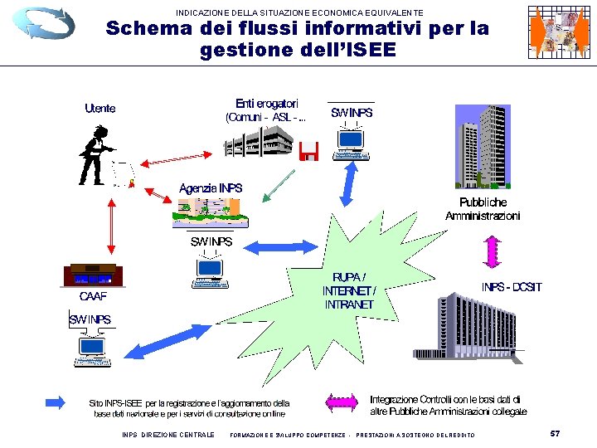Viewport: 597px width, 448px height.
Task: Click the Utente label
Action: tap(100, 108)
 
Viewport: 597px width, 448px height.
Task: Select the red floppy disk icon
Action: tap(309, 150)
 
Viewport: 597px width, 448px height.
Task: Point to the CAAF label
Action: tap(93, 295)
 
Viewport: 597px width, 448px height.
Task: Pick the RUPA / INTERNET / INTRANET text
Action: tap(348, 291)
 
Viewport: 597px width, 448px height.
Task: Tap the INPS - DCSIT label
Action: tap(512, 287)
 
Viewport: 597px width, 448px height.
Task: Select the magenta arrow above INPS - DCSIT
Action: tap(492, 250)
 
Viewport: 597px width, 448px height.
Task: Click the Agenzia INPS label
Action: tap(211, 188)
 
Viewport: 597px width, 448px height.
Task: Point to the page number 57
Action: tap(555, 433)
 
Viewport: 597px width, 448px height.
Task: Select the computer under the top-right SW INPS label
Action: tap(351, 146)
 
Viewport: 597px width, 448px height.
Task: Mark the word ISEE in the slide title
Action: tap(371, 51)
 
